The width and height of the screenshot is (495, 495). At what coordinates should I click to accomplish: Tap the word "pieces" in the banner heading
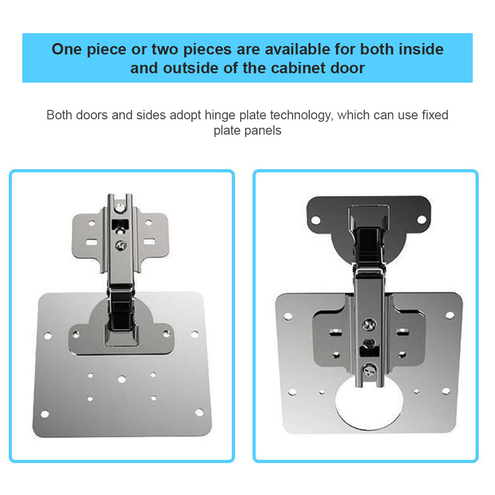point(207,50)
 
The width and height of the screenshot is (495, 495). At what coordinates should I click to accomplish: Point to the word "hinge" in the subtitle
point(220,115)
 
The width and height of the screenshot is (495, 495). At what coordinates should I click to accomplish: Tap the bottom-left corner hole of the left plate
point(45,414)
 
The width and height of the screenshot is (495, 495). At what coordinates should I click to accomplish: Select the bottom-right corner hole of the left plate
point(199,412)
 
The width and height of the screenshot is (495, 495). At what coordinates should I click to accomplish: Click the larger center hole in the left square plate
point(122,379)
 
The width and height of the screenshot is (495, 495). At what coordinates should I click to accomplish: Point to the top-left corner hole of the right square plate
point(288,316)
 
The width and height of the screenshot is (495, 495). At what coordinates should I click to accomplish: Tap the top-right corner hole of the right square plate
point(450,315)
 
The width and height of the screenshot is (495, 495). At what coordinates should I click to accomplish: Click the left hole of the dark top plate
point(316,220)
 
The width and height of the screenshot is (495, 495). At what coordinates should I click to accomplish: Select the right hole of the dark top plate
point(422,219)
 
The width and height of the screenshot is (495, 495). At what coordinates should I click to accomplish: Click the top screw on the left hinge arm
point(120,208)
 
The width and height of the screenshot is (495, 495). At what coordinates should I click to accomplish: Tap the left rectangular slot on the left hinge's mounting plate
point(92,243)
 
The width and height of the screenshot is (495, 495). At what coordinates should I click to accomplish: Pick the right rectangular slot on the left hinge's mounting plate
point(149,242)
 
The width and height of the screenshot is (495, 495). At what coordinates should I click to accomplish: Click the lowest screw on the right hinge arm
point(370,369)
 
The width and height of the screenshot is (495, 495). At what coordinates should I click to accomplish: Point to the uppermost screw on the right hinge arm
point(369,324)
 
